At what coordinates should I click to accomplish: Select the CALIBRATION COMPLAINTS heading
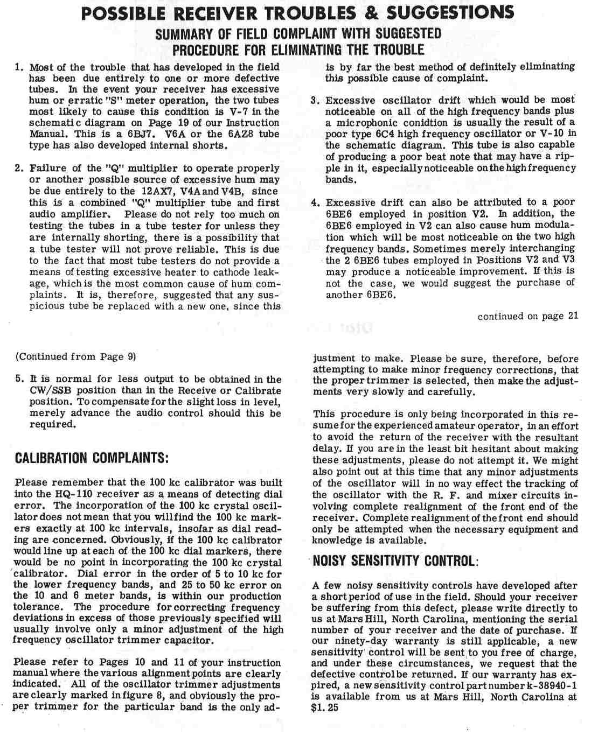[x=92, y=458]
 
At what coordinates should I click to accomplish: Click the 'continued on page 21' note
[x=527, y=316]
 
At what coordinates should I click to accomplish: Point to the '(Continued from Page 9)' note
[x=76, y=356]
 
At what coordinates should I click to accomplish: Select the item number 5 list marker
[x=19, y=379]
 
